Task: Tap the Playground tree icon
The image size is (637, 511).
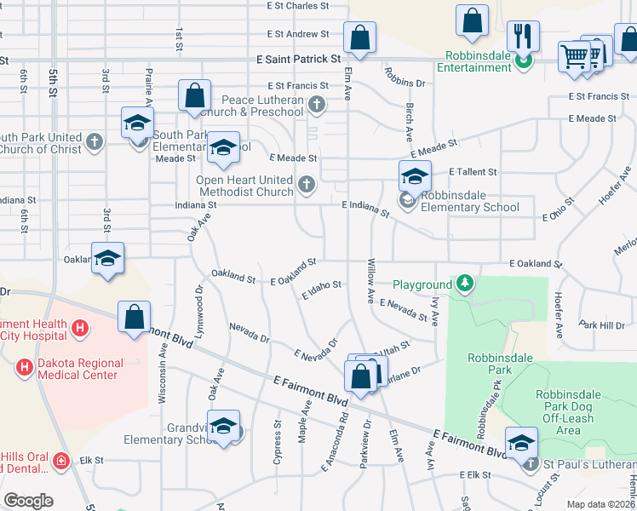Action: (464, 284)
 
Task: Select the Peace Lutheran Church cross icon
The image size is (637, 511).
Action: (317, 106)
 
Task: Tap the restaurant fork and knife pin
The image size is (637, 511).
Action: (522, 37)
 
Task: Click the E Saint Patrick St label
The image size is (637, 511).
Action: (298, 60)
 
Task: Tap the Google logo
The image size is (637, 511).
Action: (28, 501)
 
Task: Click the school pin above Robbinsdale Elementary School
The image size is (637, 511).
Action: (415, 177)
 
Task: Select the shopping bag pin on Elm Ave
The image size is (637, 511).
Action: (359, 38)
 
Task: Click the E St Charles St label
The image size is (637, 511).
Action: (297, 6)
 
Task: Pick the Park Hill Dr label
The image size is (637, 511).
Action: (601, 325)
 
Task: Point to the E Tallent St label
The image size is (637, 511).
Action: (473, 172)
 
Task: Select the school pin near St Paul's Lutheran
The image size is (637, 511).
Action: (521, 443)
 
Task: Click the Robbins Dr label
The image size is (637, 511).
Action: (405, 83)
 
